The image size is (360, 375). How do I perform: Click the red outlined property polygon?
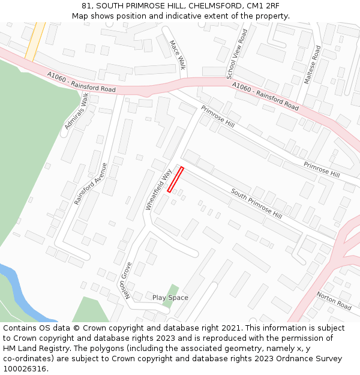click(x=175, y=180)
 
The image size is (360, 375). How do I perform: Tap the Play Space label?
click(x=170, y=298)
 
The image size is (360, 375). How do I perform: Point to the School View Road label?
click(x=236, y=54)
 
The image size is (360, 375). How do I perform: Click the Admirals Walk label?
click(x=76, y=112)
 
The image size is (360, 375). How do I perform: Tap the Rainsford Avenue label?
click(x=91, y=184)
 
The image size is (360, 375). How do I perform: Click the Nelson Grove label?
click(x=127, y=279)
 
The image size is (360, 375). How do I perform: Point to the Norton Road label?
click(x=334, y=301)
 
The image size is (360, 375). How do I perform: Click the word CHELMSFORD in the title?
click(x=201, y=6)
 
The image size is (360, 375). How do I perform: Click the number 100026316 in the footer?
click(x=25, y=368)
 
